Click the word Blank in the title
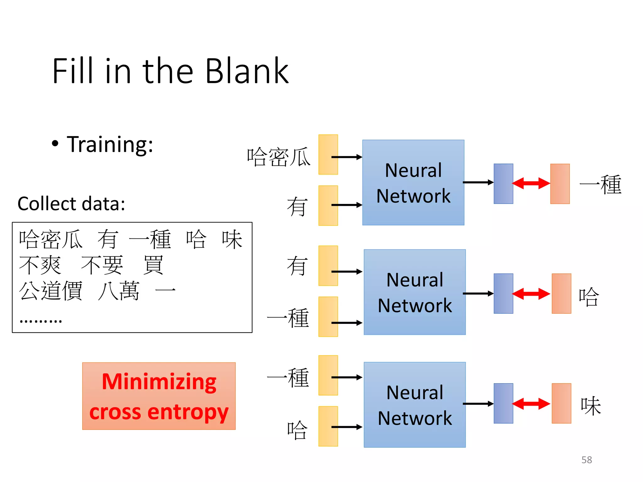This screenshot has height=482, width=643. click(x=247, y=71)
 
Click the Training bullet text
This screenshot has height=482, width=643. click(x=110, y=145)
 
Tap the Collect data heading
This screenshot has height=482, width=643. click(x=71, y=204)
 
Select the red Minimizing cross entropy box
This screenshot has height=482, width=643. click(x=159, y=396)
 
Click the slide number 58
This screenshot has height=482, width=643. click(x=586, y=460)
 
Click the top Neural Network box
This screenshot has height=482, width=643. click(x=413, y=183)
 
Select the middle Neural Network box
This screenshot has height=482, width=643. click(x=414, y=292)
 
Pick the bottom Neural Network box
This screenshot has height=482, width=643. click(x=414, y=405)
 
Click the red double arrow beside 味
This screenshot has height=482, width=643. click(x=531, y=404)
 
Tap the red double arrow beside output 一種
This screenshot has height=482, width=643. click(x=531, y=183)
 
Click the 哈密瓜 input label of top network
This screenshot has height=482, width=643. click(x=278, y=157)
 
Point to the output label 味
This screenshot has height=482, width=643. click(x=591, y=406)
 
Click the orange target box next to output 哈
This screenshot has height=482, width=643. click(x=561, y=293)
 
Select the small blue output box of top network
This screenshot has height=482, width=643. click(x=503, y=184)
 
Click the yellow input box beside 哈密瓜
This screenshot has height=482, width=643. click(x=328, y=154)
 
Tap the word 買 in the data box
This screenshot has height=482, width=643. click(x=153, y=265)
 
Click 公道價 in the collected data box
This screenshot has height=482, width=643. click(x=51, y=290)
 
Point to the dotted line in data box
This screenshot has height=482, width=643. click(x=41, y=321)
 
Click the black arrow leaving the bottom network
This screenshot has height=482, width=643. click(x=478, y=404)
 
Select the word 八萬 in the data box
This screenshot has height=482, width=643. click(x=119, y=290)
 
